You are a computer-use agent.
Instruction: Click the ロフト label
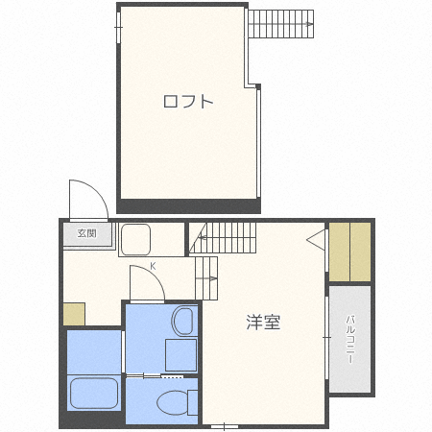pos(188,101)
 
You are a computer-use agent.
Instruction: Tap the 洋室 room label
pos(263,323)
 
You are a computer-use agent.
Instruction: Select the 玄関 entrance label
pos(87,233)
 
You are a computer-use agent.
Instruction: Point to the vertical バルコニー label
pos(350,337)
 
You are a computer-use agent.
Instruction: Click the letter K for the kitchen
pos(152,265)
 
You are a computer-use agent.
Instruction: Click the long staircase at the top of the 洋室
pos(227,235)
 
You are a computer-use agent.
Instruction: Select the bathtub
pos(93,392)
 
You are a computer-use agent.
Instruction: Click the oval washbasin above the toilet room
pos(183,321)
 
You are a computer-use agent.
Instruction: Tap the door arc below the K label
pos(144,282)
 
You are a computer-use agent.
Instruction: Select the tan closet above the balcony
pos(349,252)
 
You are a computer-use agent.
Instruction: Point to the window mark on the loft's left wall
pos(119,31)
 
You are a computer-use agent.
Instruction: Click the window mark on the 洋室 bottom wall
pos(225,423)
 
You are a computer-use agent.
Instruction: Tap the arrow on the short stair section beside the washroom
pos(207,275)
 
